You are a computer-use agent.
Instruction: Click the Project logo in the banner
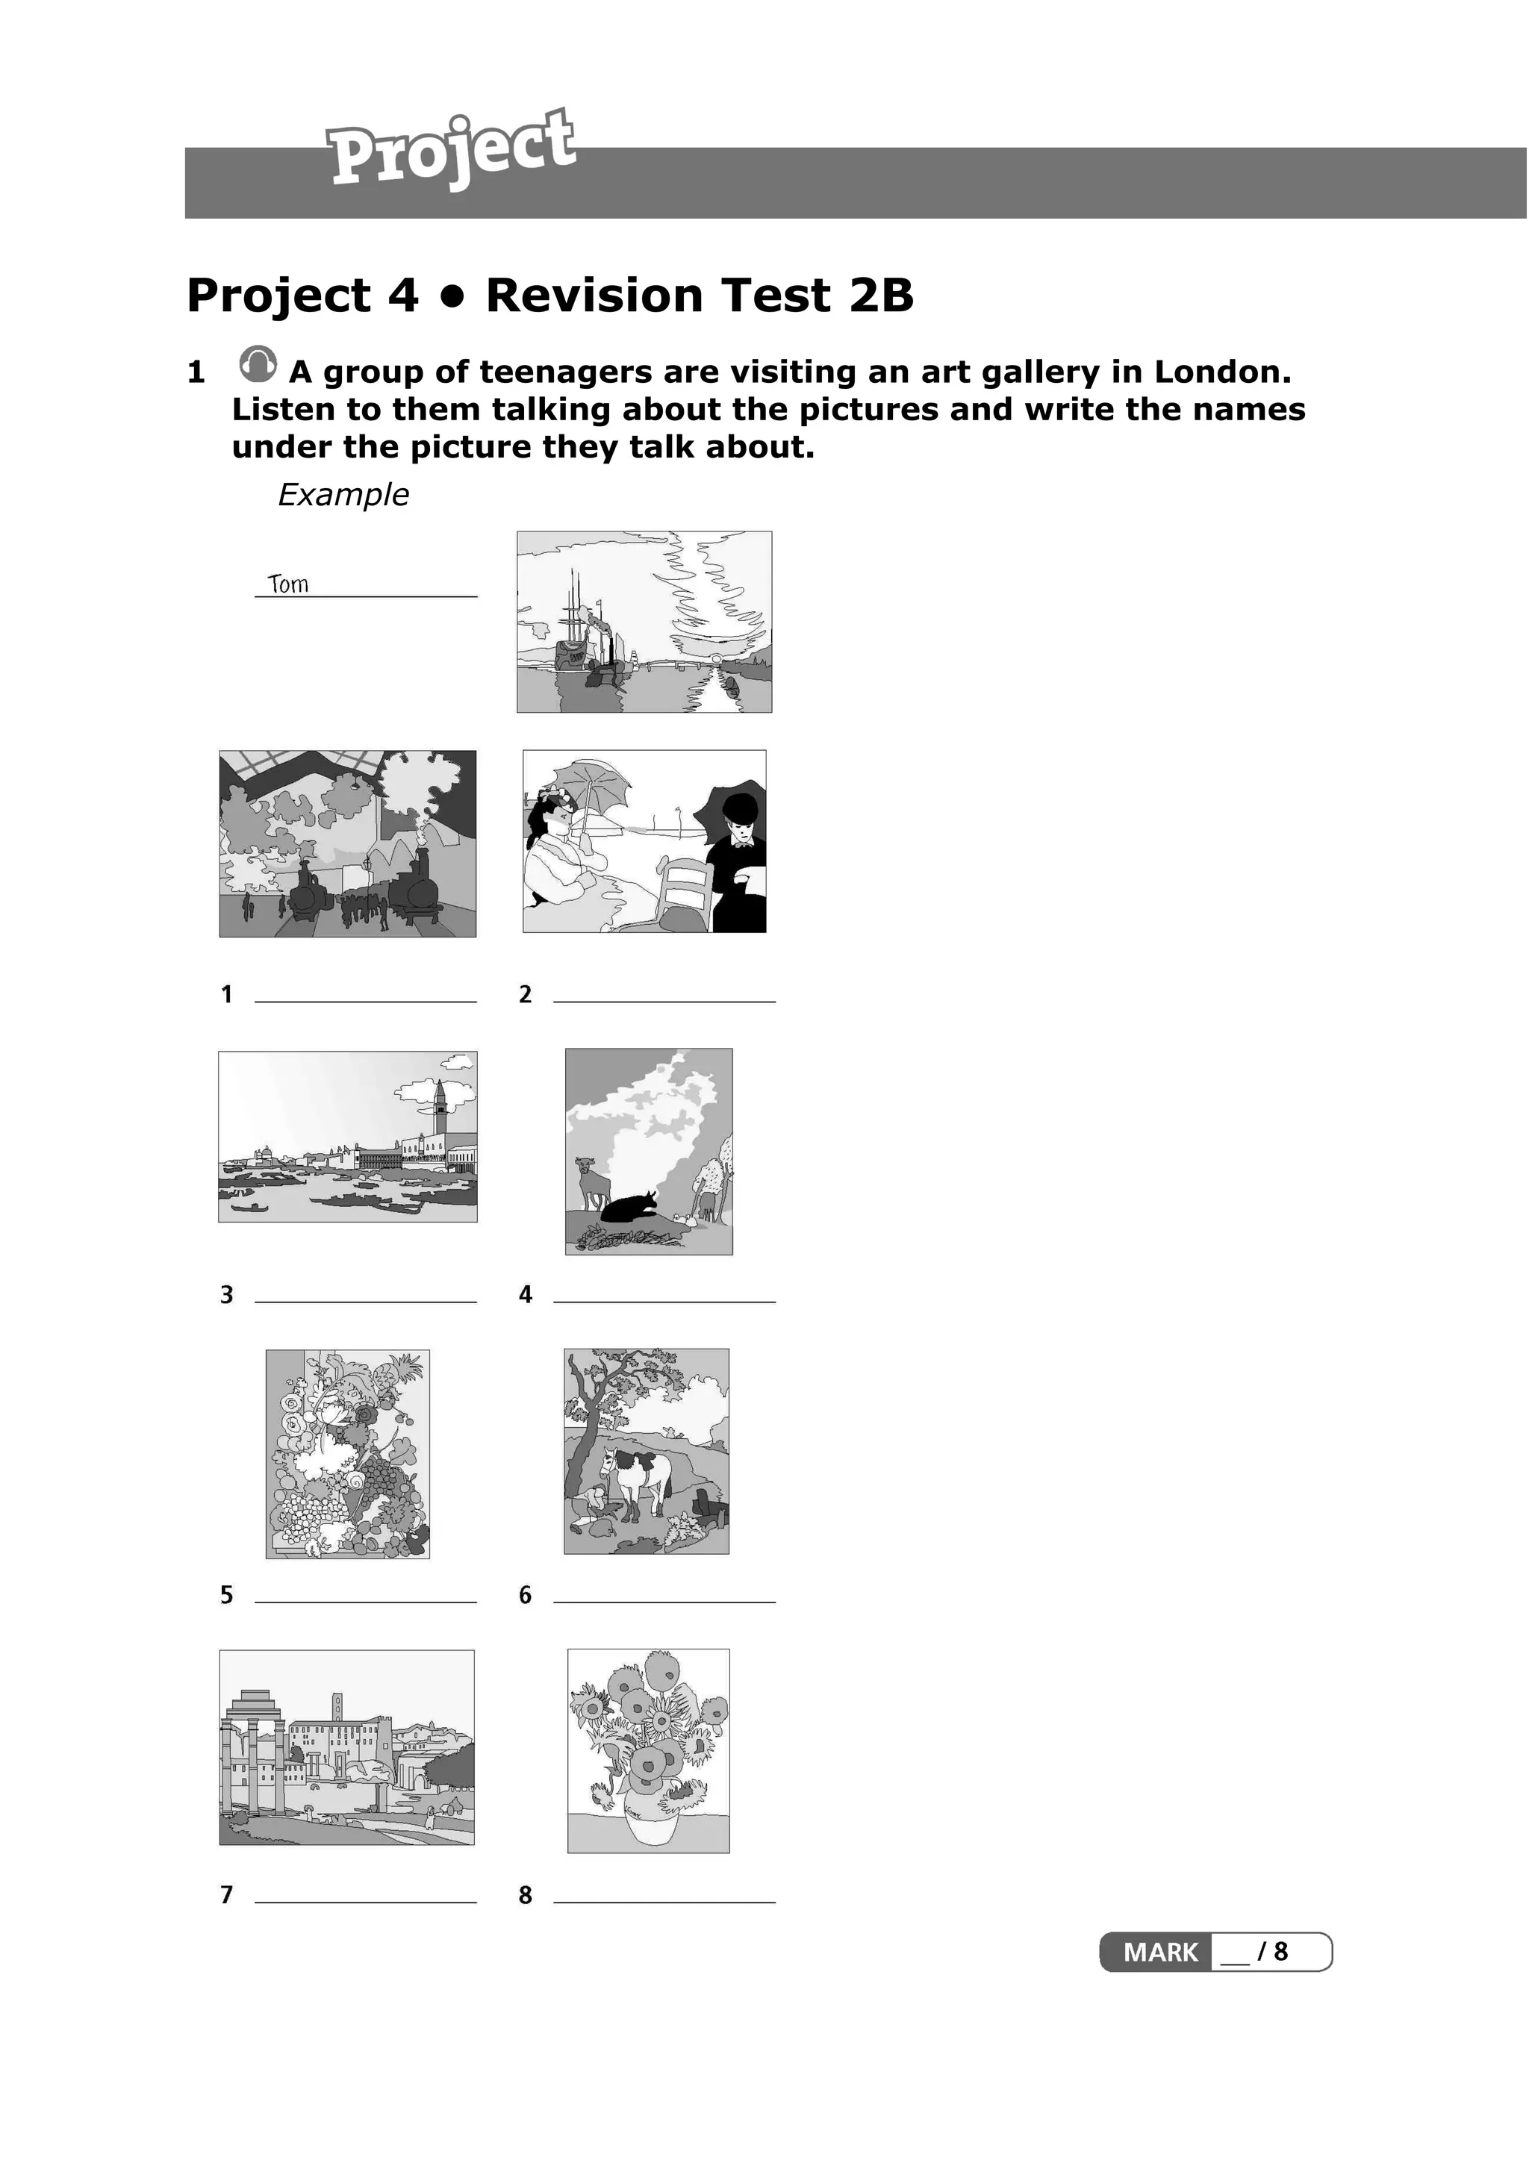pyautogui.click(x=450, y=149)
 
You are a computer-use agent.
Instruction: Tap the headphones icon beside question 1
pyautogui.click(x=257, y=363)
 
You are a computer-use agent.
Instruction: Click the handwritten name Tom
pyautogui.click(x=288, y=584)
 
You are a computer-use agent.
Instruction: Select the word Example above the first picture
pyautogui.click(x=343, y=495)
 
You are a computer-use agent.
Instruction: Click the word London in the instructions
pyautogui.click(x=1222, y=372)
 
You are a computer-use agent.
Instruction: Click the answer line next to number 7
pyautogui.click(x=366, y=1900)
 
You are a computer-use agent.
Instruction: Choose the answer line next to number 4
pyautogui.click(x=664, y=1300)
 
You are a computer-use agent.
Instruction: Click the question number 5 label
pyautogui.click(x=226, y=1595)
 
